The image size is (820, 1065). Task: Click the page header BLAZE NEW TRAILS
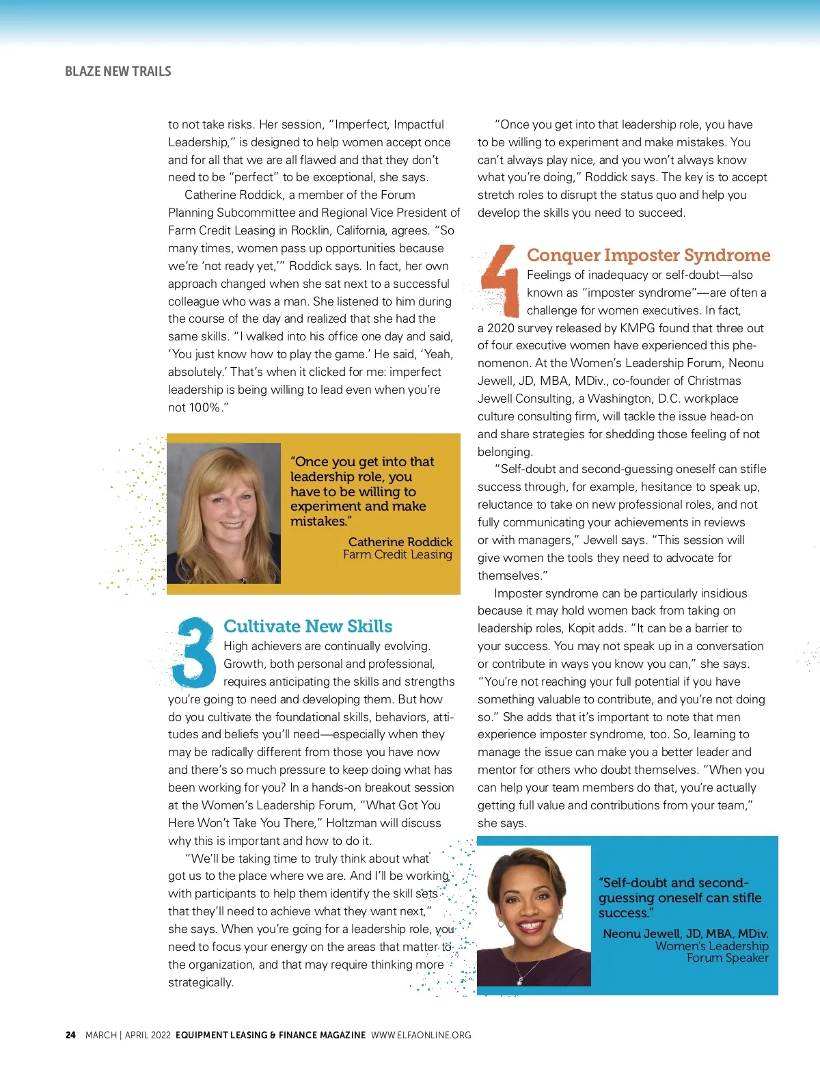118,71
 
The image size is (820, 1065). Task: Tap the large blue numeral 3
194,653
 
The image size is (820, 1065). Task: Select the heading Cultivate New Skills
307,626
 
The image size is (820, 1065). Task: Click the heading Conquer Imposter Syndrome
648,255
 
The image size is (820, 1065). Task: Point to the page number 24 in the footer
70,1035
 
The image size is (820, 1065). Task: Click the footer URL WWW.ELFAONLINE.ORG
421,1035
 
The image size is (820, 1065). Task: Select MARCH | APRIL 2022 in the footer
128,1035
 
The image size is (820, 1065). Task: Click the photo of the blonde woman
224,513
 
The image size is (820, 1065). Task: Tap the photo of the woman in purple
534,916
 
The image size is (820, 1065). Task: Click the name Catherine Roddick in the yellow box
400,542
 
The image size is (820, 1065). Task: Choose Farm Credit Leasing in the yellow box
397,554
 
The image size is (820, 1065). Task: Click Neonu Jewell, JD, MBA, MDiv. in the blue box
685,934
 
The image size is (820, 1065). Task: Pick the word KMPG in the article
638,328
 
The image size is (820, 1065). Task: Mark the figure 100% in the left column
204,407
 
